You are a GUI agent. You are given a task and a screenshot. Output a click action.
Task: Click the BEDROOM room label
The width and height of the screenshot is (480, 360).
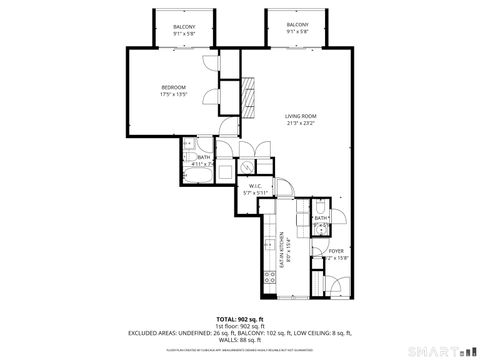174,87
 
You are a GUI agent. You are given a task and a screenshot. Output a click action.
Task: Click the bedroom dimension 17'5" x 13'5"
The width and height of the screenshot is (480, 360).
174,95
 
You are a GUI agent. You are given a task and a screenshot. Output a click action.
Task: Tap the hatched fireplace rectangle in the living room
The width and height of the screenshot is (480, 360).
248,97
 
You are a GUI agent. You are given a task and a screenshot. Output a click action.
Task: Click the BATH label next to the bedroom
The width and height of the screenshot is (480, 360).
203,157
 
